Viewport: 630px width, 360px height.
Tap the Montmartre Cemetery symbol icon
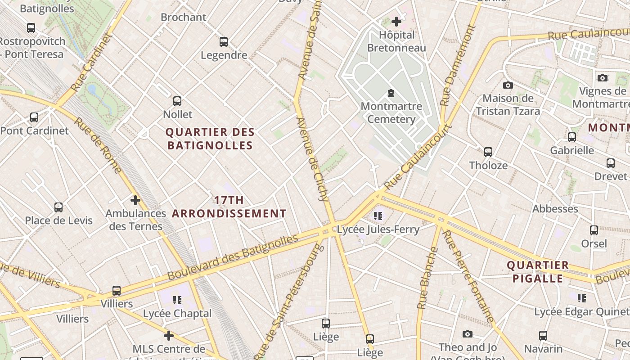pos(391,94)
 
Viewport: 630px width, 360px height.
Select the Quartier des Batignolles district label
pos(210,139)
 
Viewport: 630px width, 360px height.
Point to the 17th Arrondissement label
pos(229,207)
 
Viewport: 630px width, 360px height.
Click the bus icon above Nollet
pos(177,101)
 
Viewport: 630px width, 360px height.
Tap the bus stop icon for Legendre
pos(224,42)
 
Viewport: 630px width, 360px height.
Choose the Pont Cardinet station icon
pos(34,117)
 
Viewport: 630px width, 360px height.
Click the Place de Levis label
pos(58,220)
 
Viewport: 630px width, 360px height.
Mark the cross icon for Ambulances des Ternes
pos(135,200)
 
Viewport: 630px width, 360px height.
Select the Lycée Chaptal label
pos(177,313)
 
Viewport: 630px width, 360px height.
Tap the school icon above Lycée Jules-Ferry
pos(378,216)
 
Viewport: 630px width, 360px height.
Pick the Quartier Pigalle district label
pos(538,272)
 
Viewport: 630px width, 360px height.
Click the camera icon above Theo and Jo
pos(468,334)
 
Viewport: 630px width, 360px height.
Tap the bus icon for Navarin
pos(543,335)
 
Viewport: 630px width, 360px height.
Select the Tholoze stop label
pos(488,166)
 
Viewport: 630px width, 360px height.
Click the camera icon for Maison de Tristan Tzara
pos(508,85)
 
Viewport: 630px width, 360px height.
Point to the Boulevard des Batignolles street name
pos(233,257)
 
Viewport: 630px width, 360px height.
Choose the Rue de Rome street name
pos(98,145)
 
